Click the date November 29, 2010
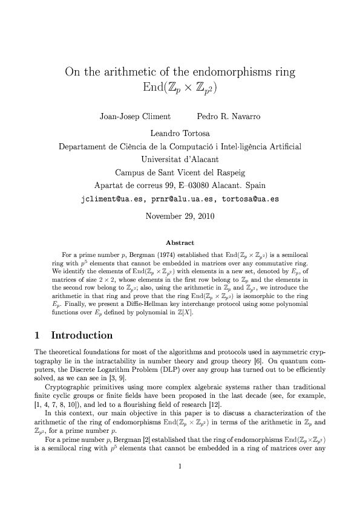pyautogui.click(x=180, y=215)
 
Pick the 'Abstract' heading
pyautogui.click(x=180, y=242)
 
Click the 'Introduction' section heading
pyautogui.click(x=82, y=336)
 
